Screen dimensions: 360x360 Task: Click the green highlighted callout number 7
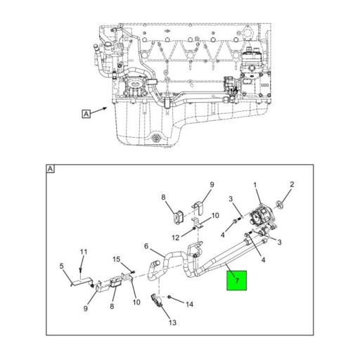click(238, 281)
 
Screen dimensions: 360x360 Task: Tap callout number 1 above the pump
click(255, 185)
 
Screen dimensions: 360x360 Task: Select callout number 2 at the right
click(292, 185)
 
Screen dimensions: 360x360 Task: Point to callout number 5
click(61, 266)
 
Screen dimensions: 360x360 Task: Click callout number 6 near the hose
click(146, 246)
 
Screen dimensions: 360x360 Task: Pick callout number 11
click(83, 252)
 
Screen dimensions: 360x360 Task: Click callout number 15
click(117, 259)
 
